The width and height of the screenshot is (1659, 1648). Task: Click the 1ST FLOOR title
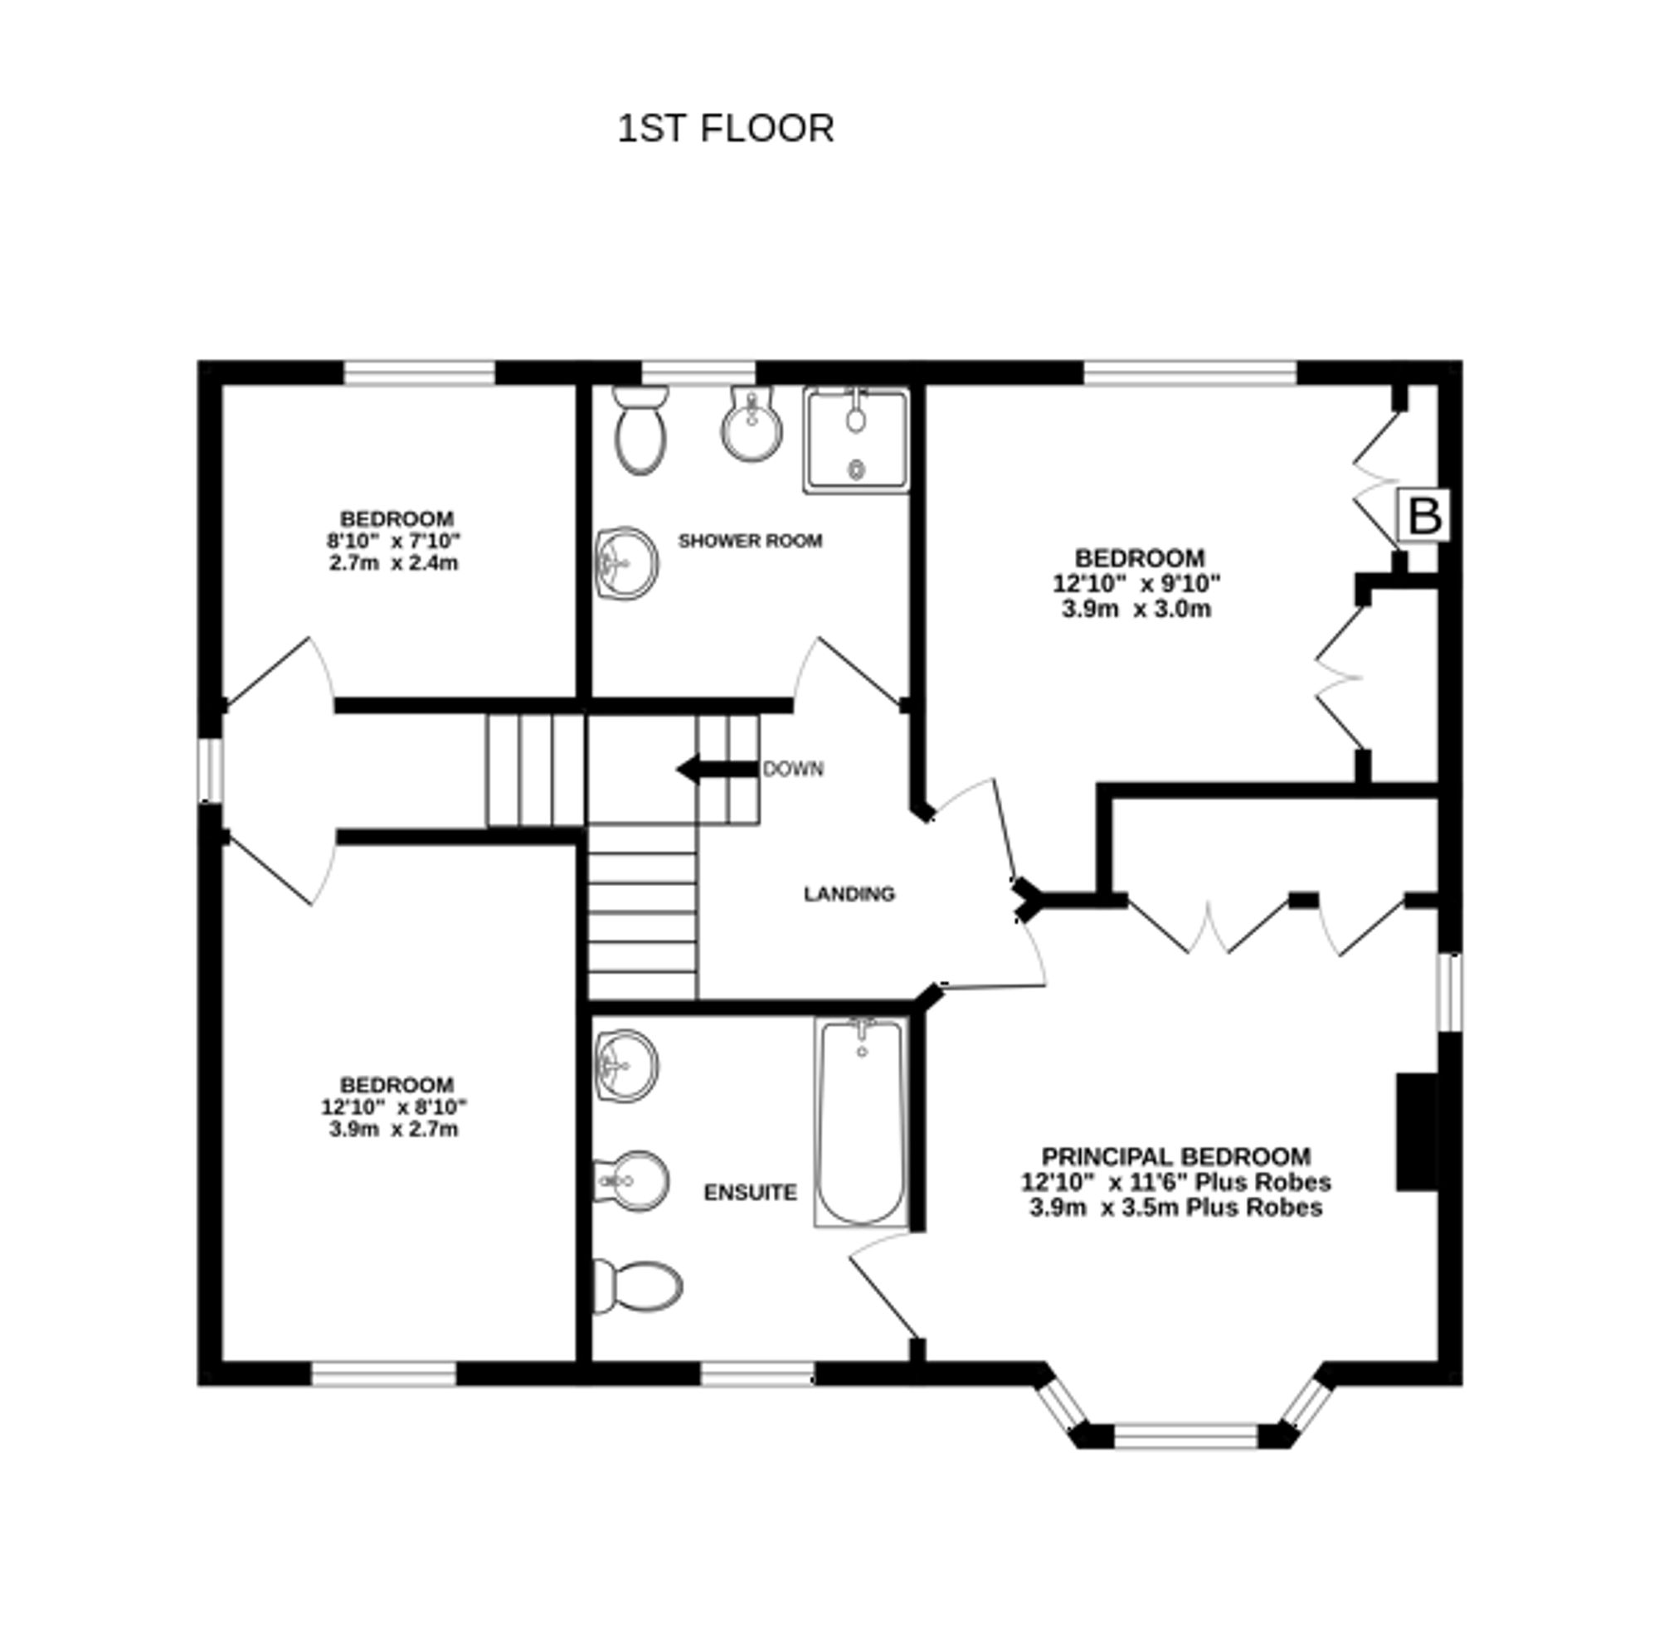(x=726, y=129)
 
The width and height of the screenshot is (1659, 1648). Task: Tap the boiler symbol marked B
(x=1424, y=516)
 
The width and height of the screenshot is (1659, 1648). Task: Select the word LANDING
(x=849, y=894)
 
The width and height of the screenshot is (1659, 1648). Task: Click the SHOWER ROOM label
(x=750, y=541)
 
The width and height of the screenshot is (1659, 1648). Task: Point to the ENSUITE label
(x=750, y=1193)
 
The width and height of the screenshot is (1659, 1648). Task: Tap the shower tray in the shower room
(x=855, y=441)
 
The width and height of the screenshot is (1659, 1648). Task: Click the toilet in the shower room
(x=640, y=431)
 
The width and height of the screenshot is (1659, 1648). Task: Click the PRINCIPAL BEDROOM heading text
(x=1175, y=1156)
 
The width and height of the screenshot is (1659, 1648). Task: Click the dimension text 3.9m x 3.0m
(x=1136, y=610)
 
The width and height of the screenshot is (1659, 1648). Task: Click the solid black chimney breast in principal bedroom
(x=1417, y=1132)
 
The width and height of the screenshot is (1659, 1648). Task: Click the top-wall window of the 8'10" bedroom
(x=420, y=372)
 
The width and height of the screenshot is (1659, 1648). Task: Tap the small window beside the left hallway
(x=211, y=771)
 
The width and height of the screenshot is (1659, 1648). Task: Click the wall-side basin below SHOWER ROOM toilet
(x=627, y=563)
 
